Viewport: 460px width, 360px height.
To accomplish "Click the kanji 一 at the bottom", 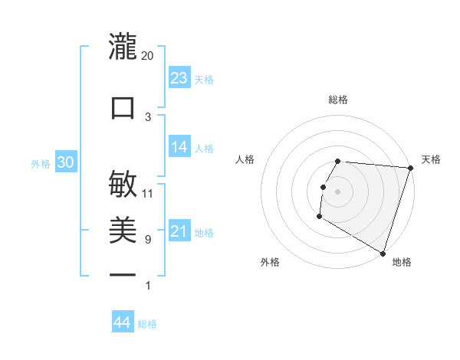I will pos(123,274).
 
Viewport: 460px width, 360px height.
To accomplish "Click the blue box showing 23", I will pos(179,78).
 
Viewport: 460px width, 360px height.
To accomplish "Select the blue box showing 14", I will pos(179,148).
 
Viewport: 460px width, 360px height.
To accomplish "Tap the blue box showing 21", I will pos(179,231).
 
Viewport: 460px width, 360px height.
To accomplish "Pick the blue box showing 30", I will pos(65,163).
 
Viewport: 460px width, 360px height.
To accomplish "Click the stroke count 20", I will pos(147,55).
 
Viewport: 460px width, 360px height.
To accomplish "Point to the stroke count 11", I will pos(147,193).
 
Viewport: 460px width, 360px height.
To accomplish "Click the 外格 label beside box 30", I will pos(41,164).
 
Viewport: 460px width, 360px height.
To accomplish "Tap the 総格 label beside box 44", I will pos(147,324).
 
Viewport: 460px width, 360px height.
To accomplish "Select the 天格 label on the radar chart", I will pos(431,159).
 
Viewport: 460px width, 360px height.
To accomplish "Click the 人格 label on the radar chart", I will pos(245,159).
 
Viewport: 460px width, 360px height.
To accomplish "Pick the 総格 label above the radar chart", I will pos(338,100).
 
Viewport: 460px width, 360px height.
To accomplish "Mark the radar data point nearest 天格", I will pos(410,168).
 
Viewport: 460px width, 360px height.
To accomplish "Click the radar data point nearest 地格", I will pos(382,253).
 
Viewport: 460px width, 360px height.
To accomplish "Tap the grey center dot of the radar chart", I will pos(338,191).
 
